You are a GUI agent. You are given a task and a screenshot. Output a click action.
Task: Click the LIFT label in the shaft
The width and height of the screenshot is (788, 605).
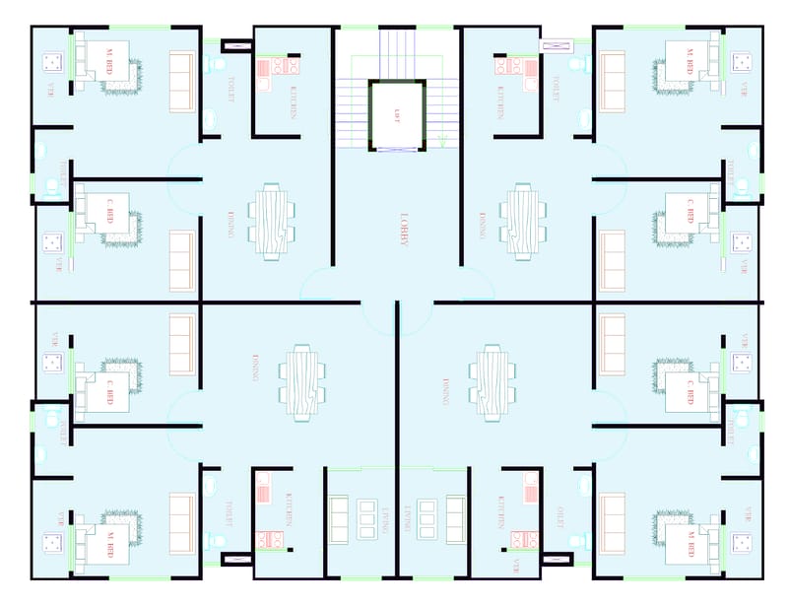tap(398, 114)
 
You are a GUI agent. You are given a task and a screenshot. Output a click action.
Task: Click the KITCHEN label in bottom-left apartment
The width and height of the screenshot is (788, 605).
tap(290, 508)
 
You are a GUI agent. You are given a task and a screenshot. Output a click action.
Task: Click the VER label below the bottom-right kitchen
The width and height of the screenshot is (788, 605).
tap(514, 567)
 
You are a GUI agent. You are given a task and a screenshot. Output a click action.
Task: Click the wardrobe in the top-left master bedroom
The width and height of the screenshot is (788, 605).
tap(181, 81)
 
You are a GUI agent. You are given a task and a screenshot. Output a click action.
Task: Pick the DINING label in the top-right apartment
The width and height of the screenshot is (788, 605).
tap(483, 227)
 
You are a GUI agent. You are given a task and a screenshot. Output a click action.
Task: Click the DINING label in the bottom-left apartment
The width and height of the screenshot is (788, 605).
tap(255, 367)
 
